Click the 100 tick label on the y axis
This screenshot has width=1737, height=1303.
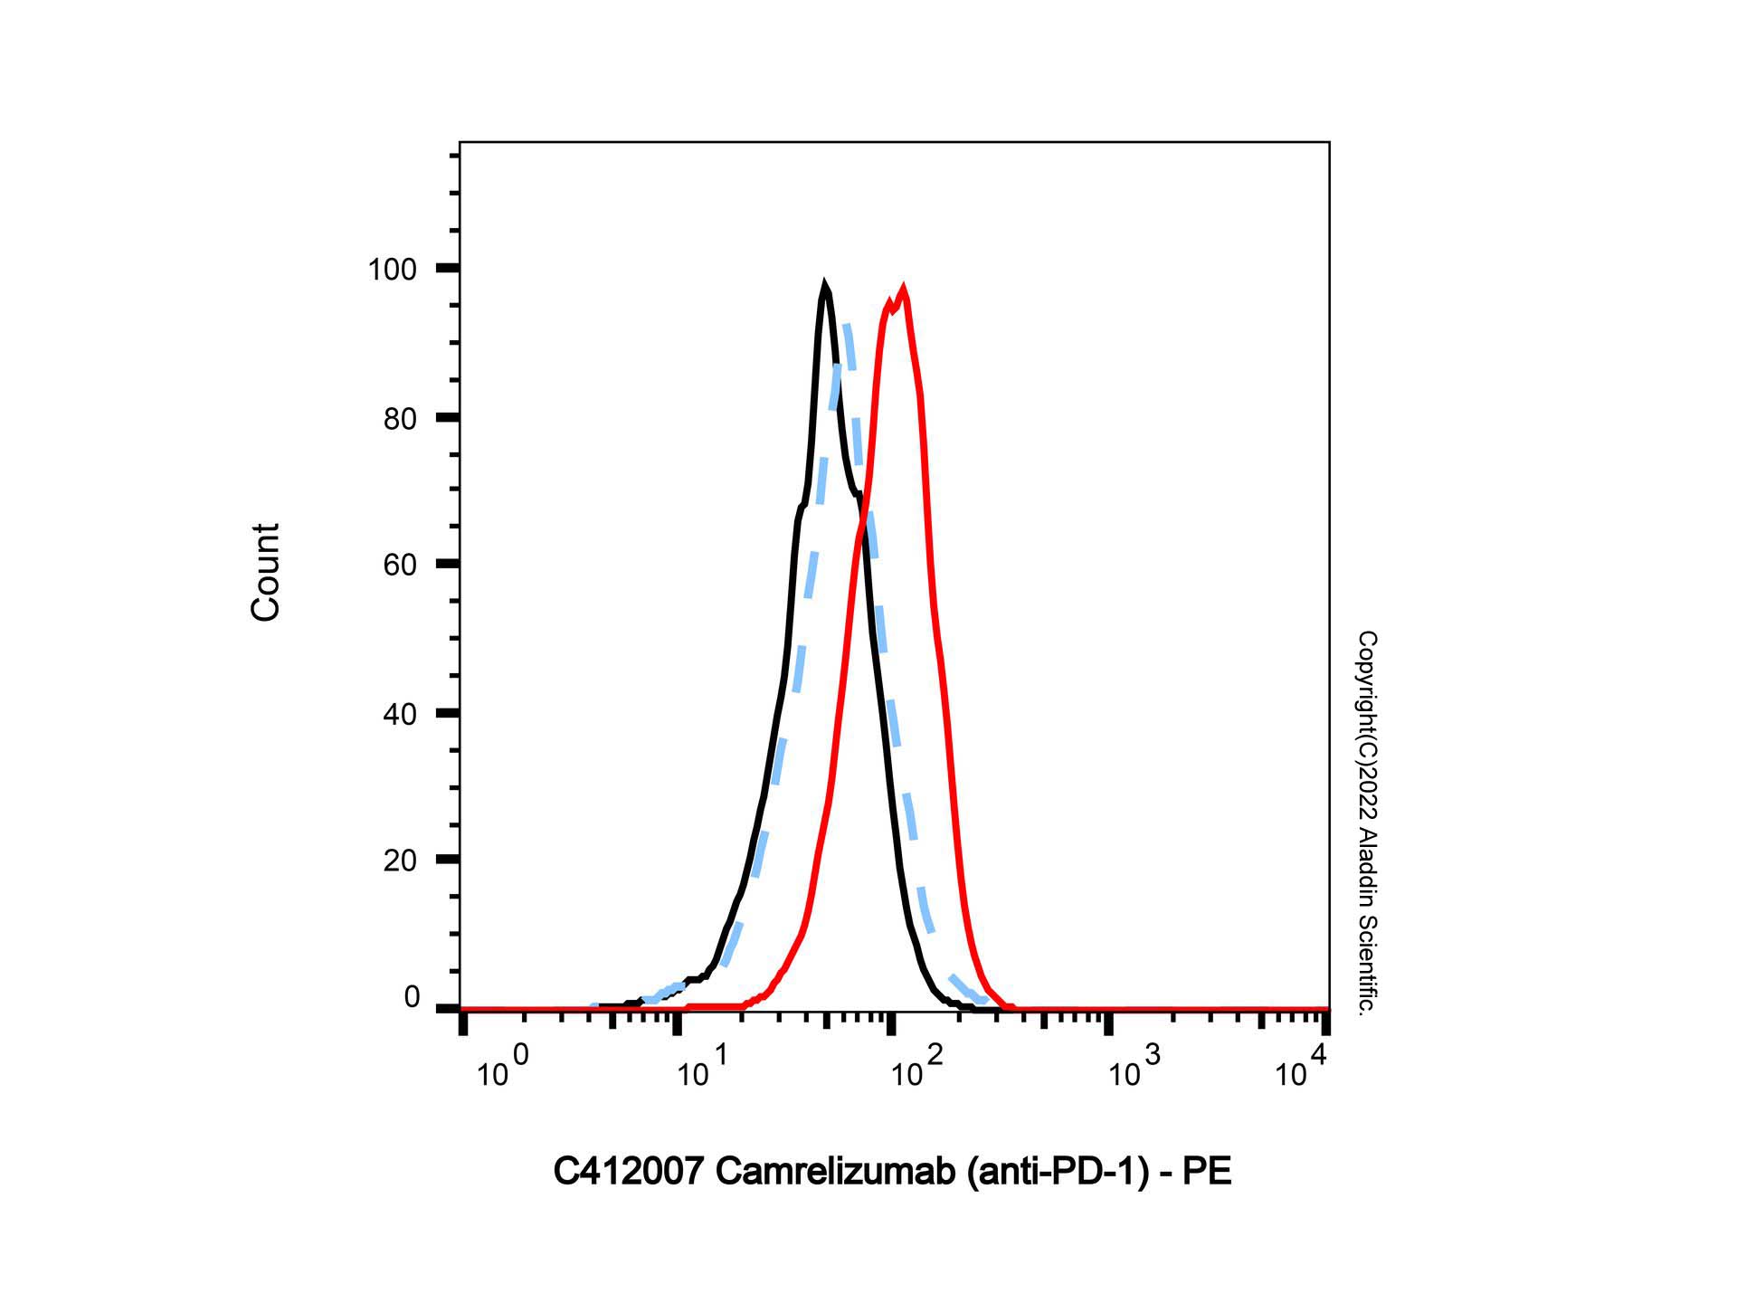[x=392, y=270]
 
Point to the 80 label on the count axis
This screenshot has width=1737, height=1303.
[x=400, y=419]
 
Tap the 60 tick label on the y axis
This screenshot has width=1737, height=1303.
[x=400, y=566]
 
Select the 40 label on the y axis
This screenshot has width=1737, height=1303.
[x=400, y=715]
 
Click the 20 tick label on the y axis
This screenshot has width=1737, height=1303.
[x=400, y=861]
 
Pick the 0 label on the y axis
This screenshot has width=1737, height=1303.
[x=412, y=997]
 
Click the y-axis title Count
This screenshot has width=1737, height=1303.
[x=265, y=572]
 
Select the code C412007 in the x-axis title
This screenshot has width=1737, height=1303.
[x=630, y=1173]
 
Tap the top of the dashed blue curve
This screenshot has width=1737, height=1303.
[x=847, y=326]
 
